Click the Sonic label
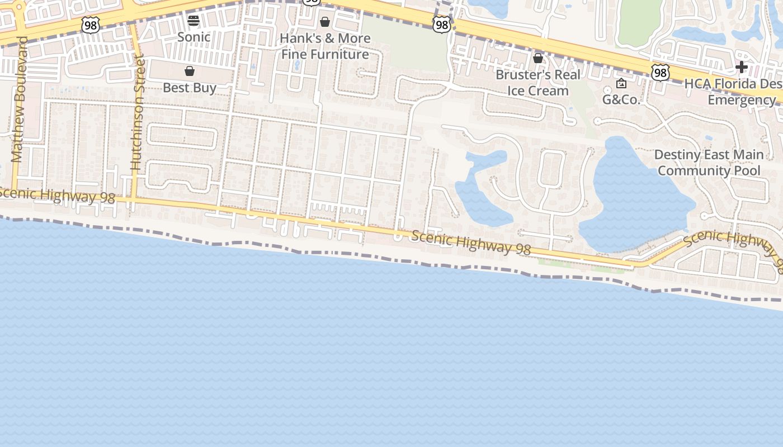pos(194,37)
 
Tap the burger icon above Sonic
pos(194,21)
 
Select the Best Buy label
pos(190,88)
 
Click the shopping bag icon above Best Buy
pos(190,71)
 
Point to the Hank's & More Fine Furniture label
pos(325,46)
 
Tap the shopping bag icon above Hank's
pos(325,22)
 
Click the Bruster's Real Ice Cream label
pos(538,83)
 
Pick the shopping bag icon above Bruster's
pos(538,58)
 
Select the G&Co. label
pos(621,100)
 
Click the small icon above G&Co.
pos(621,84)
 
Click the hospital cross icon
pos(742,68)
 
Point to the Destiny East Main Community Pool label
pos(709,163)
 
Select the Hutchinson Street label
pos(137,112)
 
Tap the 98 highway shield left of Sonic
pos(90,25)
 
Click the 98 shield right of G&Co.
pos(661,72)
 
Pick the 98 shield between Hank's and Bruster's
pos(442,24)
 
